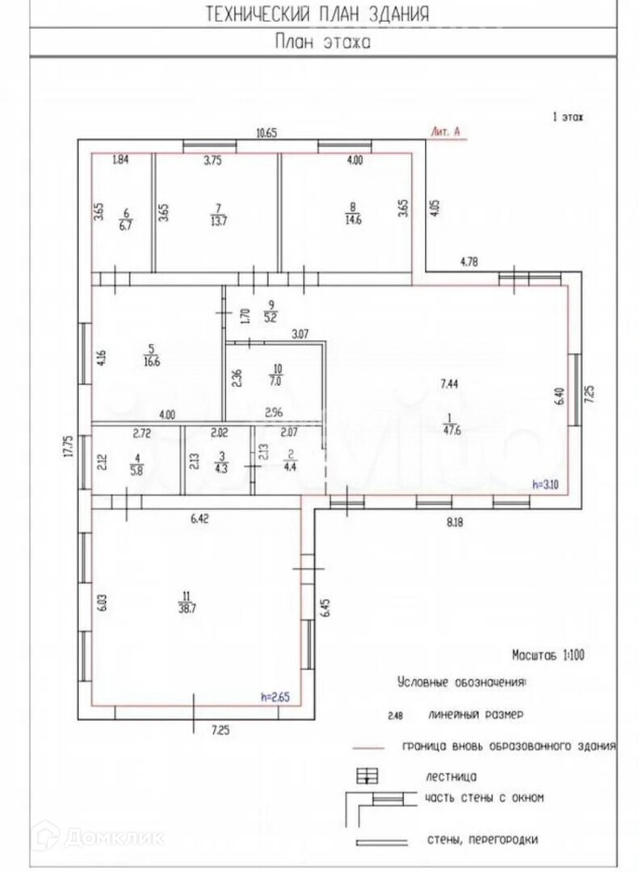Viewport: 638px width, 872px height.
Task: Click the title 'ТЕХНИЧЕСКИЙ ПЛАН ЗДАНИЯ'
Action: (x=318, y=14)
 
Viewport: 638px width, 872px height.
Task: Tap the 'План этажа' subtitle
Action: (x=322, y=42)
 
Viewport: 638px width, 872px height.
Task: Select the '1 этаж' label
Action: (x=567, y=117)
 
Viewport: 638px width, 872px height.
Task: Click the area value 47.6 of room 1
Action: (x=447, y=430)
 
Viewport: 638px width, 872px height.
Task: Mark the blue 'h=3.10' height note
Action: (x=546, y=485)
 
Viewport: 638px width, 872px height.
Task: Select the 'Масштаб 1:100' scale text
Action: (x=548, y=655)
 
